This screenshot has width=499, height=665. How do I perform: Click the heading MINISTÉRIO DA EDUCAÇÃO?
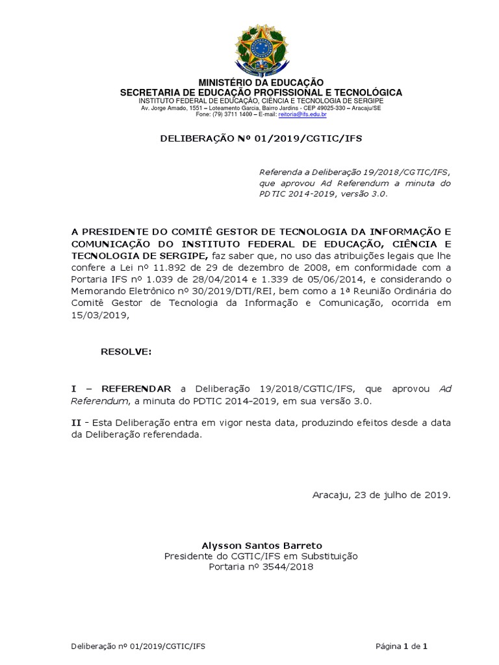261,83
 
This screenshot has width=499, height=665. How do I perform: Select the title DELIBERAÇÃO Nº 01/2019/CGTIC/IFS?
261,138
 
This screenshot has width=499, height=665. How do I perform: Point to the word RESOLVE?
126,351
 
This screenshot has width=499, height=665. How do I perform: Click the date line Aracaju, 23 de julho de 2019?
381,495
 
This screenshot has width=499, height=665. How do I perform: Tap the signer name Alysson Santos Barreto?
261,545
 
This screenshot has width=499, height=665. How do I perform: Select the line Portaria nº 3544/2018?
261,567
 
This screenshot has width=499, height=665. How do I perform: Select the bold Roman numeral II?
76,423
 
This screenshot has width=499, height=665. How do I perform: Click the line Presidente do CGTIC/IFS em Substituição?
261,556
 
